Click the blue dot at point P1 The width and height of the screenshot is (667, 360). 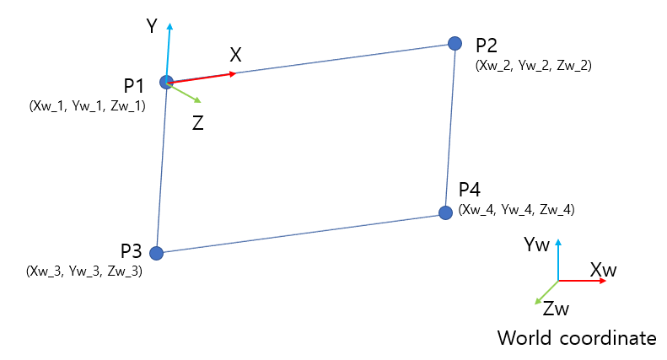coord(166,82)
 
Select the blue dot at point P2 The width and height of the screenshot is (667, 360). coord(455,42)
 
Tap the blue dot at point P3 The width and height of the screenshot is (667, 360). coord(155,252)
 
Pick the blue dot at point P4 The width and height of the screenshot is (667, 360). coord(444,212)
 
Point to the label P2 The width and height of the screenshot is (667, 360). coord(487,46)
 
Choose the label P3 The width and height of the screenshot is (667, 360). coord(132,250)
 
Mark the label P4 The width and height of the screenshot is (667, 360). coord(471,190)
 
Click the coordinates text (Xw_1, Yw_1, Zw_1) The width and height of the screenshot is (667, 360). coord(87,106)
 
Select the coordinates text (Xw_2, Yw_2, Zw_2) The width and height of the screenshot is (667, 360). coord(534,64)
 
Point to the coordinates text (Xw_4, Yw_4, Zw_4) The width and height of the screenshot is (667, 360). coord(517,209)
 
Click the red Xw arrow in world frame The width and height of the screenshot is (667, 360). coord(584,280)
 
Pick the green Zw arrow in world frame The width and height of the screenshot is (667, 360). coord(546,292)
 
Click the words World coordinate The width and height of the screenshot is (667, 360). coord(577,338)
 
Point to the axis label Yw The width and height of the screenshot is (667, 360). coord(536,244)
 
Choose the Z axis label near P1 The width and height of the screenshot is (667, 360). coord(197,122)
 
